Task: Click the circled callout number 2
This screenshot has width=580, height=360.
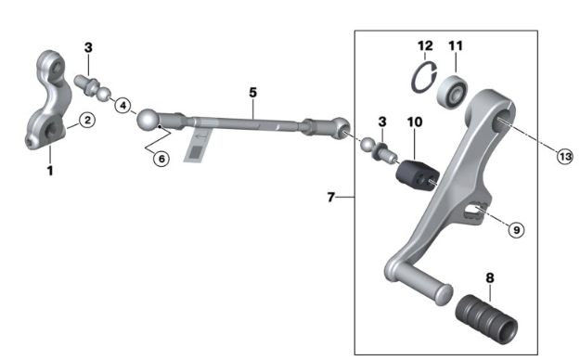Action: [x=87, y=121]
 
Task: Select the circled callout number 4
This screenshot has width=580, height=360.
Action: [x=122, y=106]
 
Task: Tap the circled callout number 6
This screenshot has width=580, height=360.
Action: [x=161, y=159]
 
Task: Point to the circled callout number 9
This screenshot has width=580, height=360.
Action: [x=516, y=230]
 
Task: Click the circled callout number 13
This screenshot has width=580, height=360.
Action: [x=565, y=157]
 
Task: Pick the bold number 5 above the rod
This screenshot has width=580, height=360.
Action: [x=252, y=93]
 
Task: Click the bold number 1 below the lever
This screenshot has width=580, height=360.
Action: [x=50, y=171]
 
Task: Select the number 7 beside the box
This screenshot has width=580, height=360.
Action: [x=331, y=198]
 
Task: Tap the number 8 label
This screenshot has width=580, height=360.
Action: [x=490, y=277]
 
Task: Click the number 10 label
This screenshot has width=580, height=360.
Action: [x=415, y=122]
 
